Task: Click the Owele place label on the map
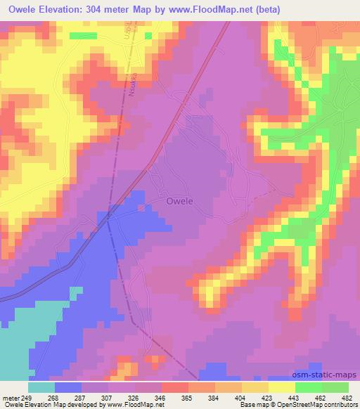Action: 180,201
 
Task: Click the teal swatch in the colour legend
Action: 41,387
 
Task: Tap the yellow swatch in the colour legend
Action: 282,387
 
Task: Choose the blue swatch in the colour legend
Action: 68,387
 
